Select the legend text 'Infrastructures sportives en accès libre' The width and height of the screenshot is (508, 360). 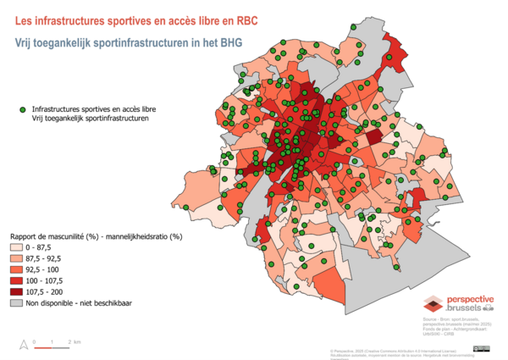pos(93,109)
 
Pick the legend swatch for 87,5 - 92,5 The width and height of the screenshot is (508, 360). pos(17,258)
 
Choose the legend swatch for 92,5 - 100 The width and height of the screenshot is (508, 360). pos(17,269)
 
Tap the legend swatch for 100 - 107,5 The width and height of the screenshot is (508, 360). pos(17,280)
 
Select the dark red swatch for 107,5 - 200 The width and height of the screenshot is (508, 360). pos(17,291)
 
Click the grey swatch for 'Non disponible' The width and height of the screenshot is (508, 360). pos(17,302)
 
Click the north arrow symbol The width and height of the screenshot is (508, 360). pos(20,344)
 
